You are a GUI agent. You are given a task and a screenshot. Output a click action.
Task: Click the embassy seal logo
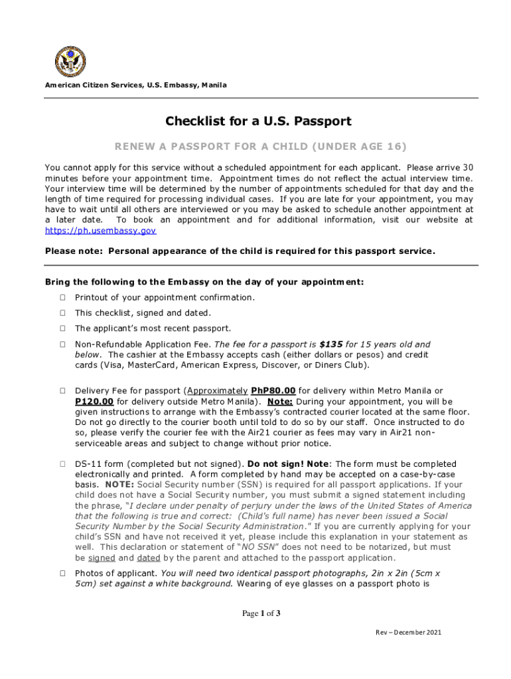(x=70, y=61)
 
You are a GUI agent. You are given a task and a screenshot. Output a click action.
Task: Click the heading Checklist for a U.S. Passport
(x=258, y=121)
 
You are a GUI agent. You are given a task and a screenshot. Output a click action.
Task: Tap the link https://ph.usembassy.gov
(x=100, y=230)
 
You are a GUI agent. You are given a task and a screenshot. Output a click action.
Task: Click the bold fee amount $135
(x=330, y=344)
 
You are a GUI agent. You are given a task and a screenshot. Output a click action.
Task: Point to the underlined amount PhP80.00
(x=273, y=391)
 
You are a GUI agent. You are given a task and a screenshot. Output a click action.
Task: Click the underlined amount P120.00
(x=94, y=401)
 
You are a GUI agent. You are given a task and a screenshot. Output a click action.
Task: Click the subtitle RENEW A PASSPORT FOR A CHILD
(x=258, y=146)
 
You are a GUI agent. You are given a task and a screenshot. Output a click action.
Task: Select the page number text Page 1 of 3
(x=261, y=613)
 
